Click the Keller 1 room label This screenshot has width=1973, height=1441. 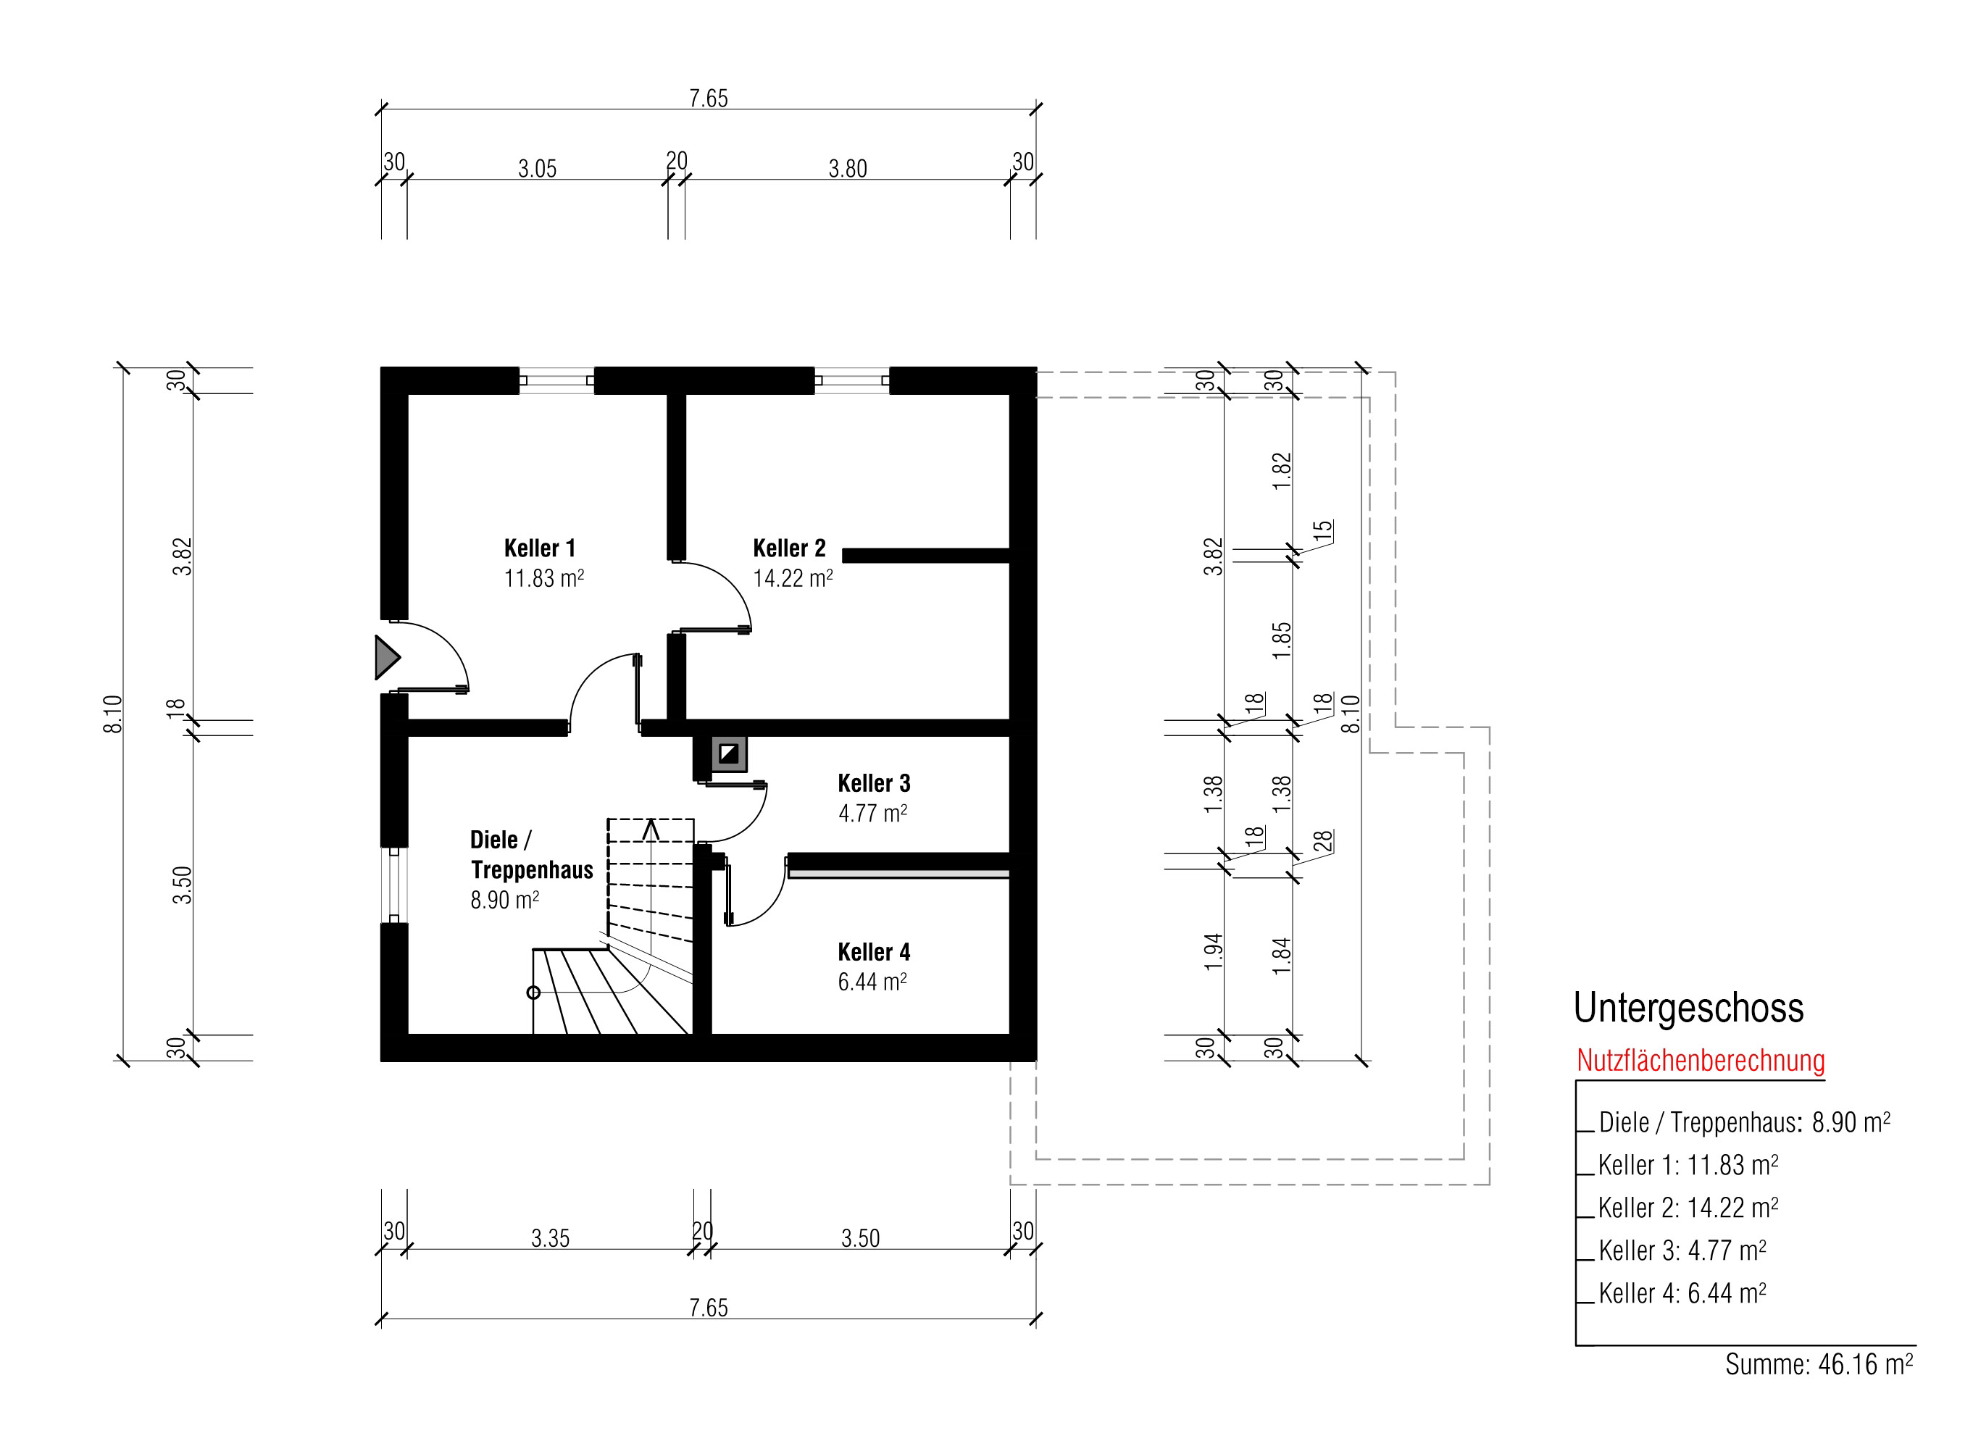click(x=540, y=548)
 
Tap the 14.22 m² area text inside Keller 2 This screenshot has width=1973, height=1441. click(x=793, y=578)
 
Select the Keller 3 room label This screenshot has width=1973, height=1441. click(x=874, y=783)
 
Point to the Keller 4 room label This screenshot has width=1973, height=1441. click(x=874, y=952)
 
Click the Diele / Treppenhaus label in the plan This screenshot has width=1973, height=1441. click(x=531, y=855)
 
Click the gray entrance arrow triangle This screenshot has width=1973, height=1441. click(x=387, y=658)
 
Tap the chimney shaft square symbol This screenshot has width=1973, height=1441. click(x=728, y=753)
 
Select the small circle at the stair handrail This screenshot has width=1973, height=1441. click(x=534, y=993)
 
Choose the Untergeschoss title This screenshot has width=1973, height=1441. click(x=1689, y=1008)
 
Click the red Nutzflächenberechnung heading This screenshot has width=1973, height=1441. click(x=1701, y=1061)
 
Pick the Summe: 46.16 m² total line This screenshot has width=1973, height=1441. click(x=1819, y=1364)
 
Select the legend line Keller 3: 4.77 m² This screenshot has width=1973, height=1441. click(x=1682, y=1250)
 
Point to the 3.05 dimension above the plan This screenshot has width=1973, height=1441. click(x=538, y=168)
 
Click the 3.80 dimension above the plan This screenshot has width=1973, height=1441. click(x=848, y=168)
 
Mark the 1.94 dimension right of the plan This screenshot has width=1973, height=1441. click(x=1213, y=952)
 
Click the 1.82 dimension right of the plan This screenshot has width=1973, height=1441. click(x=1281, y=471)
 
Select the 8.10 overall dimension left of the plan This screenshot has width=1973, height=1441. click(x=112, y=714)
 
